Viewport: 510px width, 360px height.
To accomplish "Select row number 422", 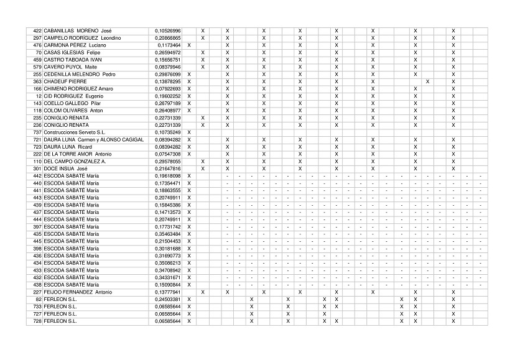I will [x=37, y=31].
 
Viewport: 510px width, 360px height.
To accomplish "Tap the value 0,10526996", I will [x=168, y=31].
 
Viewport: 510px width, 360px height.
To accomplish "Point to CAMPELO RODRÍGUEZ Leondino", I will [x=82, y=39].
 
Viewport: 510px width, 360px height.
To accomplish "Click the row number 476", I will [x=37, y=45].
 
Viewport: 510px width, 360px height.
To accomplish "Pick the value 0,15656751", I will [x=168, y=60].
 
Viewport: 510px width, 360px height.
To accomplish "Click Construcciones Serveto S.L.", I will [x=75, y=132].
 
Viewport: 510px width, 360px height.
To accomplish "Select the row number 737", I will [x=37, y=132].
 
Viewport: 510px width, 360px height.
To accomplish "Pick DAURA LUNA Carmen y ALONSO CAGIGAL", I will [x=94, y=140].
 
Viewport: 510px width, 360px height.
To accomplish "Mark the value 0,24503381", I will [x=168, y=300].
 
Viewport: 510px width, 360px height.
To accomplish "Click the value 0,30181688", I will [x=168, y=249].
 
